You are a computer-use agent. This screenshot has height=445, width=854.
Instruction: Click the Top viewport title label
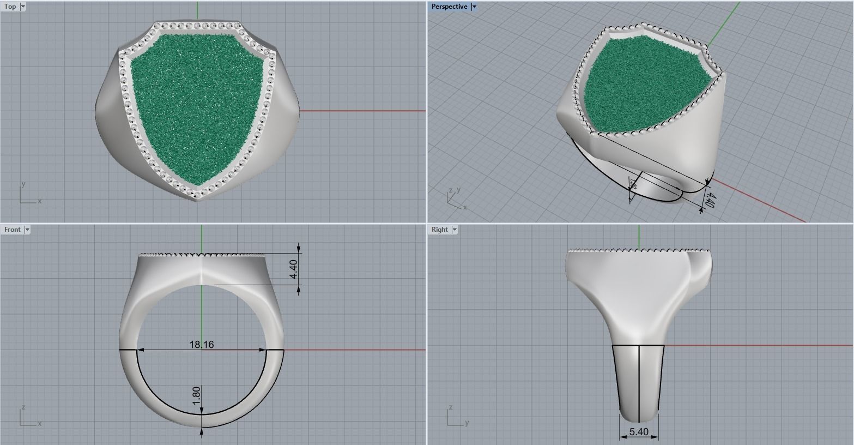pos(10,7)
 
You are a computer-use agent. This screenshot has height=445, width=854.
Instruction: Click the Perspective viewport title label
pos(449,7)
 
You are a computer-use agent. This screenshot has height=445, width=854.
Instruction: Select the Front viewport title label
pos(12,230)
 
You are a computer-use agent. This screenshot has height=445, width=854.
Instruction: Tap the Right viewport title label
pos(439,230)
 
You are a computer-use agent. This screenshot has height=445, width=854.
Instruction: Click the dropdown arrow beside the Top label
pos(23,7)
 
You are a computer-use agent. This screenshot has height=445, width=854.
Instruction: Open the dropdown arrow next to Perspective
pos(474,7)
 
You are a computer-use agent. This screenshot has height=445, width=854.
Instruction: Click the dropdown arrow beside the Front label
pos(27,230)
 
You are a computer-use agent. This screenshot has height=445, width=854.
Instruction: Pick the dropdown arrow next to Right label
pos(455,230)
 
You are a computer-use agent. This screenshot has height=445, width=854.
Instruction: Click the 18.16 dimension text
pos(202,345)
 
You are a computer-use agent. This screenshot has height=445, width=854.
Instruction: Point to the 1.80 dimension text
pos(197,395)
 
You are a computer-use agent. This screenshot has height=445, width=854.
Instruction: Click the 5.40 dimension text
pos(639,432)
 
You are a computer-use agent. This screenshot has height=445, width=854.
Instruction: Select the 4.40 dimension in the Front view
pos(294,269)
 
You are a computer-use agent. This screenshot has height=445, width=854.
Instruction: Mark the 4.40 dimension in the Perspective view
pos(708,197)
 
